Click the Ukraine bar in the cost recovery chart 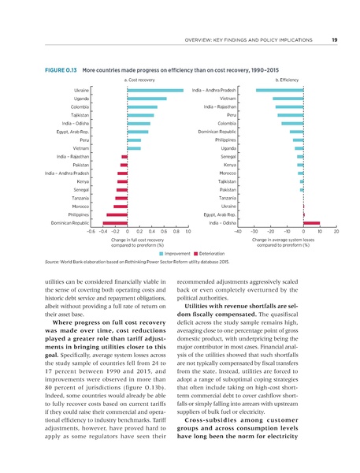click(x=155, y=91)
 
